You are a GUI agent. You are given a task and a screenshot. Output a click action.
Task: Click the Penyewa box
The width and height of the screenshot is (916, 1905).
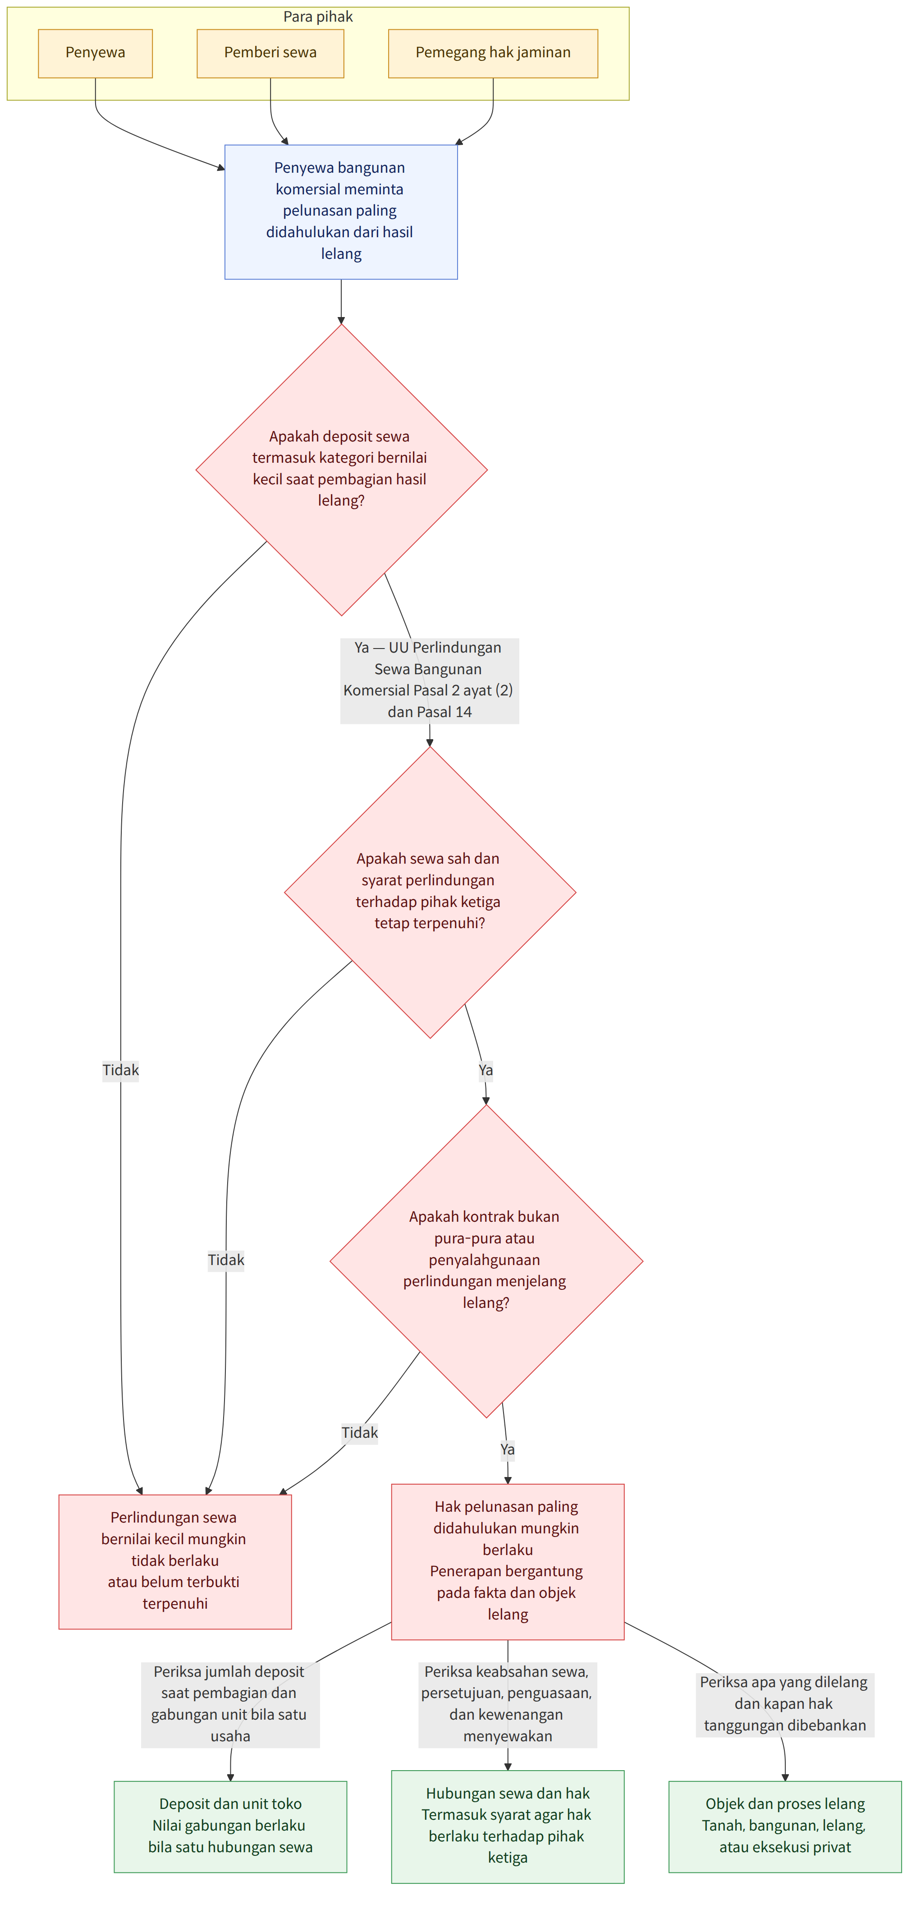pos(96,53)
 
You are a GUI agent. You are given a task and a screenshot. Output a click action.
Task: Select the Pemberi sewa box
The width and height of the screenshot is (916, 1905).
pos(270,53)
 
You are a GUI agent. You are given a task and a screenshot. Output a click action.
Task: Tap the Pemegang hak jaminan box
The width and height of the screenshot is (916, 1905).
pos(493,53)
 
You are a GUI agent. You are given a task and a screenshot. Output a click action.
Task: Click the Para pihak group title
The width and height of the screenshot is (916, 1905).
pos(318,16)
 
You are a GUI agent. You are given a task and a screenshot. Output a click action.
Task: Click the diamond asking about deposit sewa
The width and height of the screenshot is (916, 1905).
pos(341,469)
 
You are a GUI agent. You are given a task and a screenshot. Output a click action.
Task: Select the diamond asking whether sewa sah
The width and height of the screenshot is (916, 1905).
pos(430,892)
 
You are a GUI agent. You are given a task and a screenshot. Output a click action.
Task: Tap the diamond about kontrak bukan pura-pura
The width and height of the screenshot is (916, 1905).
pos(486,1261)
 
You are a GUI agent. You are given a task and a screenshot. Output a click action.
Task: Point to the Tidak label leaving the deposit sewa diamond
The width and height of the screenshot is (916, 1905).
pos(120,1070)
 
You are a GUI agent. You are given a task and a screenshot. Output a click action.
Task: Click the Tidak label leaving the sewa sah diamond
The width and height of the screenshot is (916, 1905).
pos(225,1260)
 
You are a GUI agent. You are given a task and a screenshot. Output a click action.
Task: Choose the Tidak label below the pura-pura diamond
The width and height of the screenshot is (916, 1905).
pos(359,1432)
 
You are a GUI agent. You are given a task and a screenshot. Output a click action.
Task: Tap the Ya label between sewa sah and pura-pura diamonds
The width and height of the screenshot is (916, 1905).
pos(486,1070)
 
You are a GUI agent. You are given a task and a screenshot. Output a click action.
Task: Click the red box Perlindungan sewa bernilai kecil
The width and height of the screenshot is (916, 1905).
pos(175,1562)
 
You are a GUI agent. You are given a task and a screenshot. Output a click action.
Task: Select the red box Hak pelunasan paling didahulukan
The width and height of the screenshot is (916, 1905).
pos(508,1562)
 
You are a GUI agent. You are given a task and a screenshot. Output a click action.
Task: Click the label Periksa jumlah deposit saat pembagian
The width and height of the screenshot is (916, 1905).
pos(230,1704)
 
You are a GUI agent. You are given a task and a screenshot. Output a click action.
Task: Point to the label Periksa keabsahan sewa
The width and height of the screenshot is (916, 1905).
pos(508,1704)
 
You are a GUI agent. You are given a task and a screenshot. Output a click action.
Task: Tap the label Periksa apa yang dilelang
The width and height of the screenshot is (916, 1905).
pos(784,1704)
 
